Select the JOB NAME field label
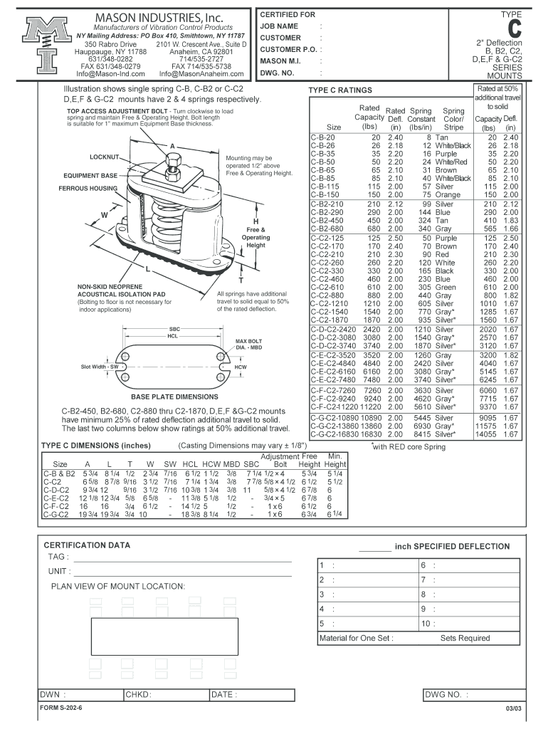click(278, 26)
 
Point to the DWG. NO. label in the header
click(277, 73)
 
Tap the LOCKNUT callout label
click(105, 157)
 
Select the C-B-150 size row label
click(323, 194)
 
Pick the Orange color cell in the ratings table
click(448, 194)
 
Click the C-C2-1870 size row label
click(328, 320)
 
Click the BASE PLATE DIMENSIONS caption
click(174, 397)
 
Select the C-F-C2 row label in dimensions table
click(56, 506)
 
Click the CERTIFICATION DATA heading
click(88, 545)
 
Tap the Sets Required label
click(465, 639)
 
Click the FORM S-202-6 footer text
click(61, 709)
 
